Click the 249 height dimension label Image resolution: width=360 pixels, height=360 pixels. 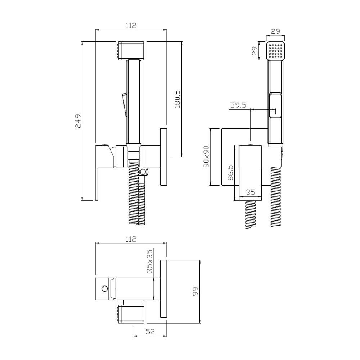click(x=78, y=121)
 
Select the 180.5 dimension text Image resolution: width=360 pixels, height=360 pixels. click(x=178, y=99)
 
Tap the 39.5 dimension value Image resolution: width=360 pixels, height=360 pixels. click(x=238, y=105)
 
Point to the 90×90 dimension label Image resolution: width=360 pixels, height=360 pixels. click(x=206, y=157)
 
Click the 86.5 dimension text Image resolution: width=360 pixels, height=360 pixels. click(x=231, y=173)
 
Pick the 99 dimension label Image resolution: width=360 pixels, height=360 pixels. click(x=195, y=291)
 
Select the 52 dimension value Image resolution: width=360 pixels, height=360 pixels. click(x=150, y=331)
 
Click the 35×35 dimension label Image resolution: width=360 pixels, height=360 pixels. click(x=149, y=261)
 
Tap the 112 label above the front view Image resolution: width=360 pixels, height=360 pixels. click(x=131, y=25)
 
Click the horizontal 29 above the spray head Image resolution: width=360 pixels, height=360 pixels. click(x=275, y=31)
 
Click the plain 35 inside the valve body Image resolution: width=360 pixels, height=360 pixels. click(x=250, y=192)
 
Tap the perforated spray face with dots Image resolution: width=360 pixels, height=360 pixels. click(x=275, y=51)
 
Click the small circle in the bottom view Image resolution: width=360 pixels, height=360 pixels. click(x=105, y=289)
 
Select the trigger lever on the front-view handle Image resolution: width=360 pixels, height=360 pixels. click(x=124, y=105)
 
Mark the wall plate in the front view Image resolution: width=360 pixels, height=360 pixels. click(x=163, y=157)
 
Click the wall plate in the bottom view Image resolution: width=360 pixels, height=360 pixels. click(x=163, y=289)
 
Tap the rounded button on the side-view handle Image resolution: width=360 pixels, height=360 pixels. click(x=275, y=105)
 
